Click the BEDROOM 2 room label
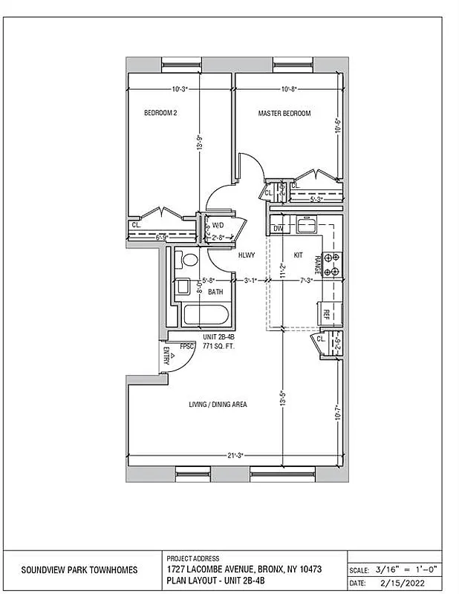(160, 114)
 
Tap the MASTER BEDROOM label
(284, 114)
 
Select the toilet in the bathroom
(189, 260)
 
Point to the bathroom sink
(180, 287)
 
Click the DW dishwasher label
(278, 228)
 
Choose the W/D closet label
(218, 224)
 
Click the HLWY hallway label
(247, 255)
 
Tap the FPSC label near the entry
(187, 345)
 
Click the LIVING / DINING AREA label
(218, 405)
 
